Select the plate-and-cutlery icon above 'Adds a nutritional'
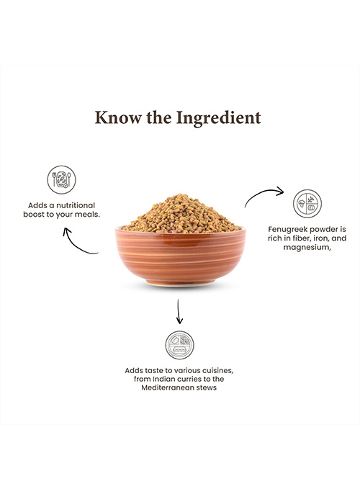(61, 179)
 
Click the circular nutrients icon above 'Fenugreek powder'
(307, 203)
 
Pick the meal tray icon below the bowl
(179, 345)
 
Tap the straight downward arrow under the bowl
(179, 311)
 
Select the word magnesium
(307, 248)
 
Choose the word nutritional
(76, 205)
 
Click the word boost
(34, 215)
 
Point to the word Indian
(162, 379)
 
